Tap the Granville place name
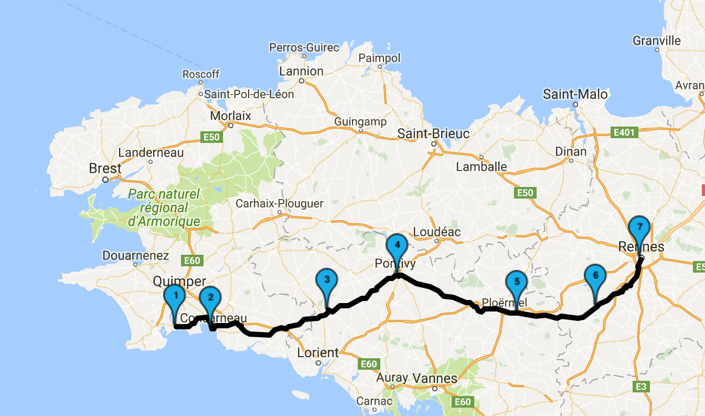(x=657, y=41)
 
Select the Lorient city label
(x=318, y=352)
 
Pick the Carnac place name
(x=374, y=401)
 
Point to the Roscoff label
(x=201, y=74)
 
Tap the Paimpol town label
(x=379, y=58)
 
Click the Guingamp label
(x=360, y=122)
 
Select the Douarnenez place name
(x=136, y=256)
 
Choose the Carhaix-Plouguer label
(x=280, y=203)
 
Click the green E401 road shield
(x=624, y=132)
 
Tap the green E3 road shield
(x=640, y=387)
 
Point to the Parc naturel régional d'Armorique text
(x=164, y=208)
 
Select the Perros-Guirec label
(x=304, y=48)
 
